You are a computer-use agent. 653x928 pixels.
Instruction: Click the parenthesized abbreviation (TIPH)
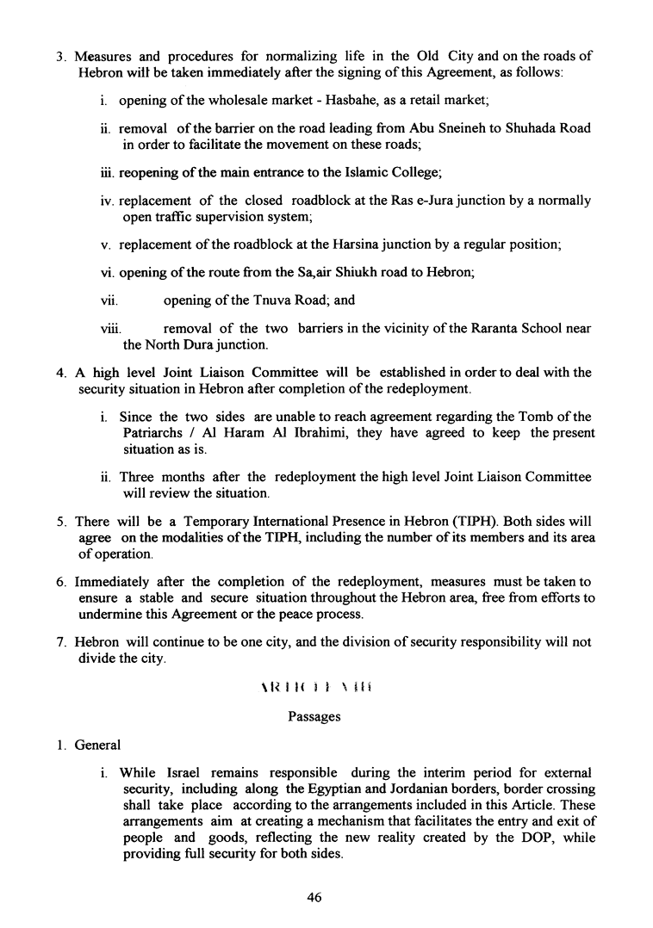480,521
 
